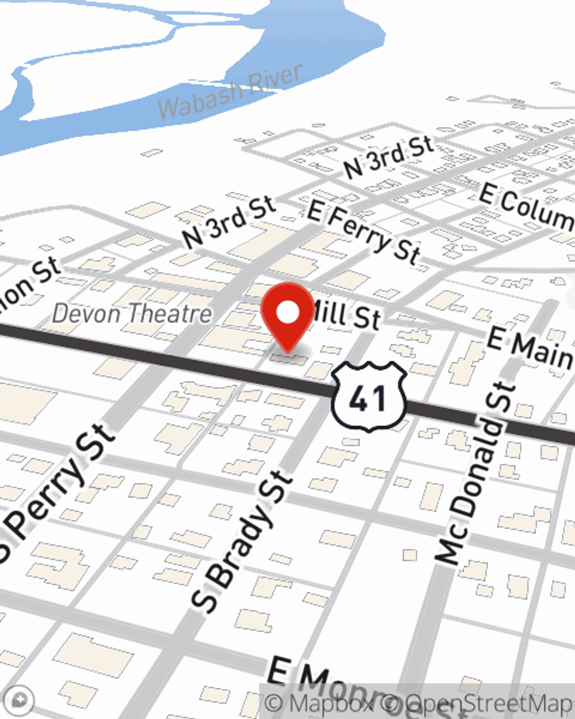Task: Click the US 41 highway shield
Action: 369,396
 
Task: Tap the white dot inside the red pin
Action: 288,313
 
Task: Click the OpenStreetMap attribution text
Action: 489,703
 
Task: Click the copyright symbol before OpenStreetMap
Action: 391,703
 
